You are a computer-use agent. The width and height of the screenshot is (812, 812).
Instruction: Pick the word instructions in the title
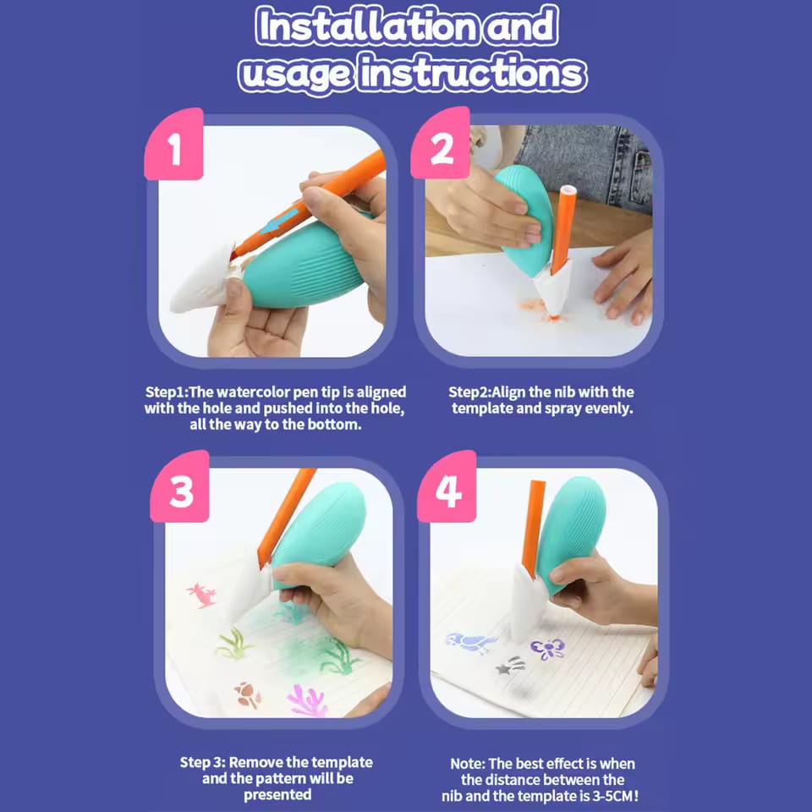pyautogui.click(x=472, y=74)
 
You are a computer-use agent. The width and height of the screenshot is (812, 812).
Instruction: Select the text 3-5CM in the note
pyautogui.click(x=607, y=795)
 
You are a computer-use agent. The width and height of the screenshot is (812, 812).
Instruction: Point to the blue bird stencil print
pyautogui.click(x=470, y=643)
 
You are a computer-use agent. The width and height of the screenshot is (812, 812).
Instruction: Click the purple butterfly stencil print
pyautogui.click(x=547, y=649)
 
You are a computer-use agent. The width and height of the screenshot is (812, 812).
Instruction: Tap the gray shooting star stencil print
pyautogui.click(x=509, y=667)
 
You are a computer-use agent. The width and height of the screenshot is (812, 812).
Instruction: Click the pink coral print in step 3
pyautogui.click(x=307, y=700)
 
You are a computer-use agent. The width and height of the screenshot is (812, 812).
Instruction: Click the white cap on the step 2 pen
pyautogui.click(x=568, y=190)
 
